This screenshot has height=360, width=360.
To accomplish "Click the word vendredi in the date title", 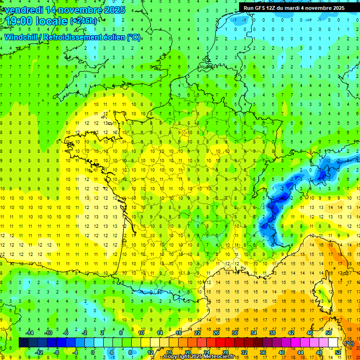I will point(23,10).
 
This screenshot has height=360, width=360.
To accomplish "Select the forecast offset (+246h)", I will point(84,21).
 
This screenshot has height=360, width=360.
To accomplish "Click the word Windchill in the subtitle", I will point(21,37).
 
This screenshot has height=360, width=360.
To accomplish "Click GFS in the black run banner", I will point(259,8).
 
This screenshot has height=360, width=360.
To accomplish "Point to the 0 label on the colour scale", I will point(93,352).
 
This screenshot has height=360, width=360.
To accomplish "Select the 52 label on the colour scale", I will point(337,352).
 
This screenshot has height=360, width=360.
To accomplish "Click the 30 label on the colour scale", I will point(234,332).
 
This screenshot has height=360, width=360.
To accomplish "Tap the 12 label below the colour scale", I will point(150,352).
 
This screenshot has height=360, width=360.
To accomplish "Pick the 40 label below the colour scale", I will point(281,352).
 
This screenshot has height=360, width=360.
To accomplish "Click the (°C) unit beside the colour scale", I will point(349,343).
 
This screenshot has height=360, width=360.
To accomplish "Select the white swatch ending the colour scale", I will point(333,342).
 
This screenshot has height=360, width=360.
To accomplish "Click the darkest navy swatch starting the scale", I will point(23,342).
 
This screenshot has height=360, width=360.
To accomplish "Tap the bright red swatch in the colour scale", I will point(221,342).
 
